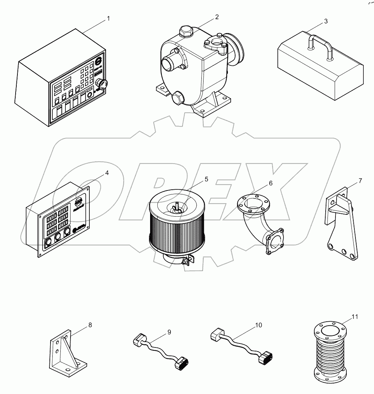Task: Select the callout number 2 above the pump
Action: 217,17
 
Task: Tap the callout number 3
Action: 326,21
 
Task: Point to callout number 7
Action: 360,181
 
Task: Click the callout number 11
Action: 355,317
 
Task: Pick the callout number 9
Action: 169,331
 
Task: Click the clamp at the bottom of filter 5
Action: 186,261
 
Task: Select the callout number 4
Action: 106,173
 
